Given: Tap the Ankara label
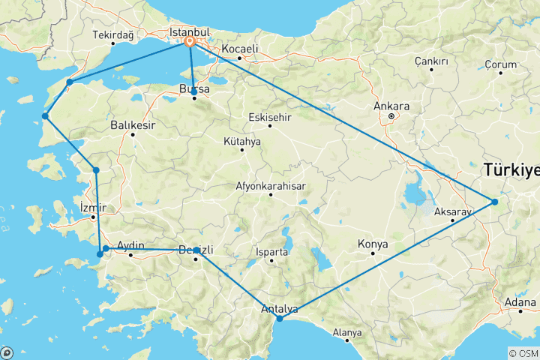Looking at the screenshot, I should click(391, 106).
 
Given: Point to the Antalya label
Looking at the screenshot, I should click(280, 308).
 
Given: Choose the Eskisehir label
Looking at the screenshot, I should click(270, 117).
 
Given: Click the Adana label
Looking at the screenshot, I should click(520, 303).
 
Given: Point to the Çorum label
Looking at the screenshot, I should click(501, 64).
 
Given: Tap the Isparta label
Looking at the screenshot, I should click(271, 252).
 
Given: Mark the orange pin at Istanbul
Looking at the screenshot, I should click(190, 43).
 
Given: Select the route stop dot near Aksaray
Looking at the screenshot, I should click(495, 201).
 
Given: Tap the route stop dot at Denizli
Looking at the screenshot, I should click(196, 250).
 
